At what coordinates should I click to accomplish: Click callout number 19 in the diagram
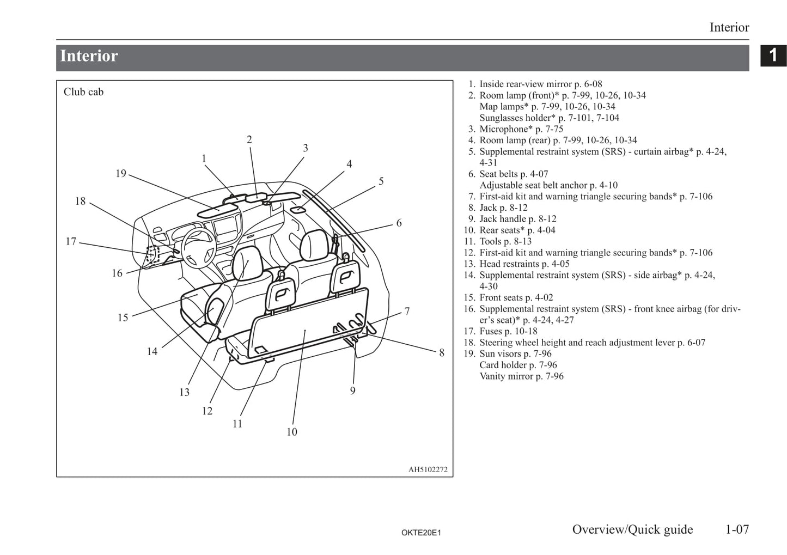pyautogui.click(x=120, y=173)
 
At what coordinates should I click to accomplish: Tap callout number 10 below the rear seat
pyautogui.click(x=292, y=432)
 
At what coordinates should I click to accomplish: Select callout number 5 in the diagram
pyautogui.click(x=381, y=181)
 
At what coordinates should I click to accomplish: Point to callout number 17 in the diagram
pyautogui.click(x=71, y=241)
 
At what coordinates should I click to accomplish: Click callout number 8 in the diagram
pyautogui.click(x=442, y=353)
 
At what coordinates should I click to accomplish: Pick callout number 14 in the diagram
pyautogui.click(x=152, y=352)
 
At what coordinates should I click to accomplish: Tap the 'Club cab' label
pyautogui.click(x=83, y=92)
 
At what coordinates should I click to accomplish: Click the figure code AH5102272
pyautogui.click(x=428, y=469)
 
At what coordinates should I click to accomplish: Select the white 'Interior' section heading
pyautogui.click(x=89, y=56)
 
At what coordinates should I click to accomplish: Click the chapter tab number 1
pyautogui.click(x=773, y=55)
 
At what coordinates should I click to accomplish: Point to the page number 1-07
pyautogui.click(x=737, y=529)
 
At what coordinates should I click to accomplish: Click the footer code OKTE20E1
pyautogui.click(x=421, y=533)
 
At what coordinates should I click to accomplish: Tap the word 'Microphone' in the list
pyautogui.click(x=504, y=129)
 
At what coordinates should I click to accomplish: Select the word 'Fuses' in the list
pyautogui.click(x=491, y=331)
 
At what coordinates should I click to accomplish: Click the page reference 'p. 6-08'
pyautogui.click(x=588, y=84)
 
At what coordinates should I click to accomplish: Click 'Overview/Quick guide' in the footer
pyautogui.click(x=632, y=529)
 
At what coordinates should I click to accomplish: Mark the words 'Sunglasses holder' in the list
pyautogui.click(x=517, y=118)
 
